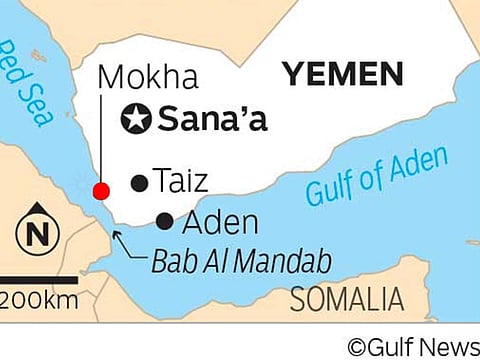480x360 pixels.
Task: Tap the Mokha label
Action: pos(149,77)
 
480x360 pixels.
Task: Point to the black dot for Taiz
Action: pos(139,182)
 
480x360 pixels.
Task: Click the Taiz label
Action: pos(181,182)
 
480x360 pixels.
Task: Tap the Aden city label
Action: pos(220,222)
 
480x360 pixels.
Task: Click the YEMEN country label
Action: pos(343,73)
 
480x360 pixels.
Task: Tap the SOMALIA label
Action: pos(346,299)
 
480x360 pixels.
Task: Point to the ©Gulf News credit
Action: pos(412,345)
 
